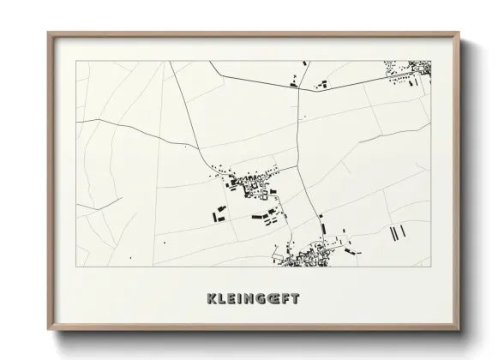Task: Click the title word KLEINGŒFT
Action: coord(253,299)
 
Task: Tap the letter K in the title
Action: coord(211,299)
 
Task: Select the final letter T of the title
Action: coord(295,299)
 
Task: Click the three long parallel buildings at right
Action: coord(395,233)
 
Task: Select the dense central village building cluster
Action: coord(249,183)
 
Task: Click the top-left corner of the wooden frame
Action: coord(49,34)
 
